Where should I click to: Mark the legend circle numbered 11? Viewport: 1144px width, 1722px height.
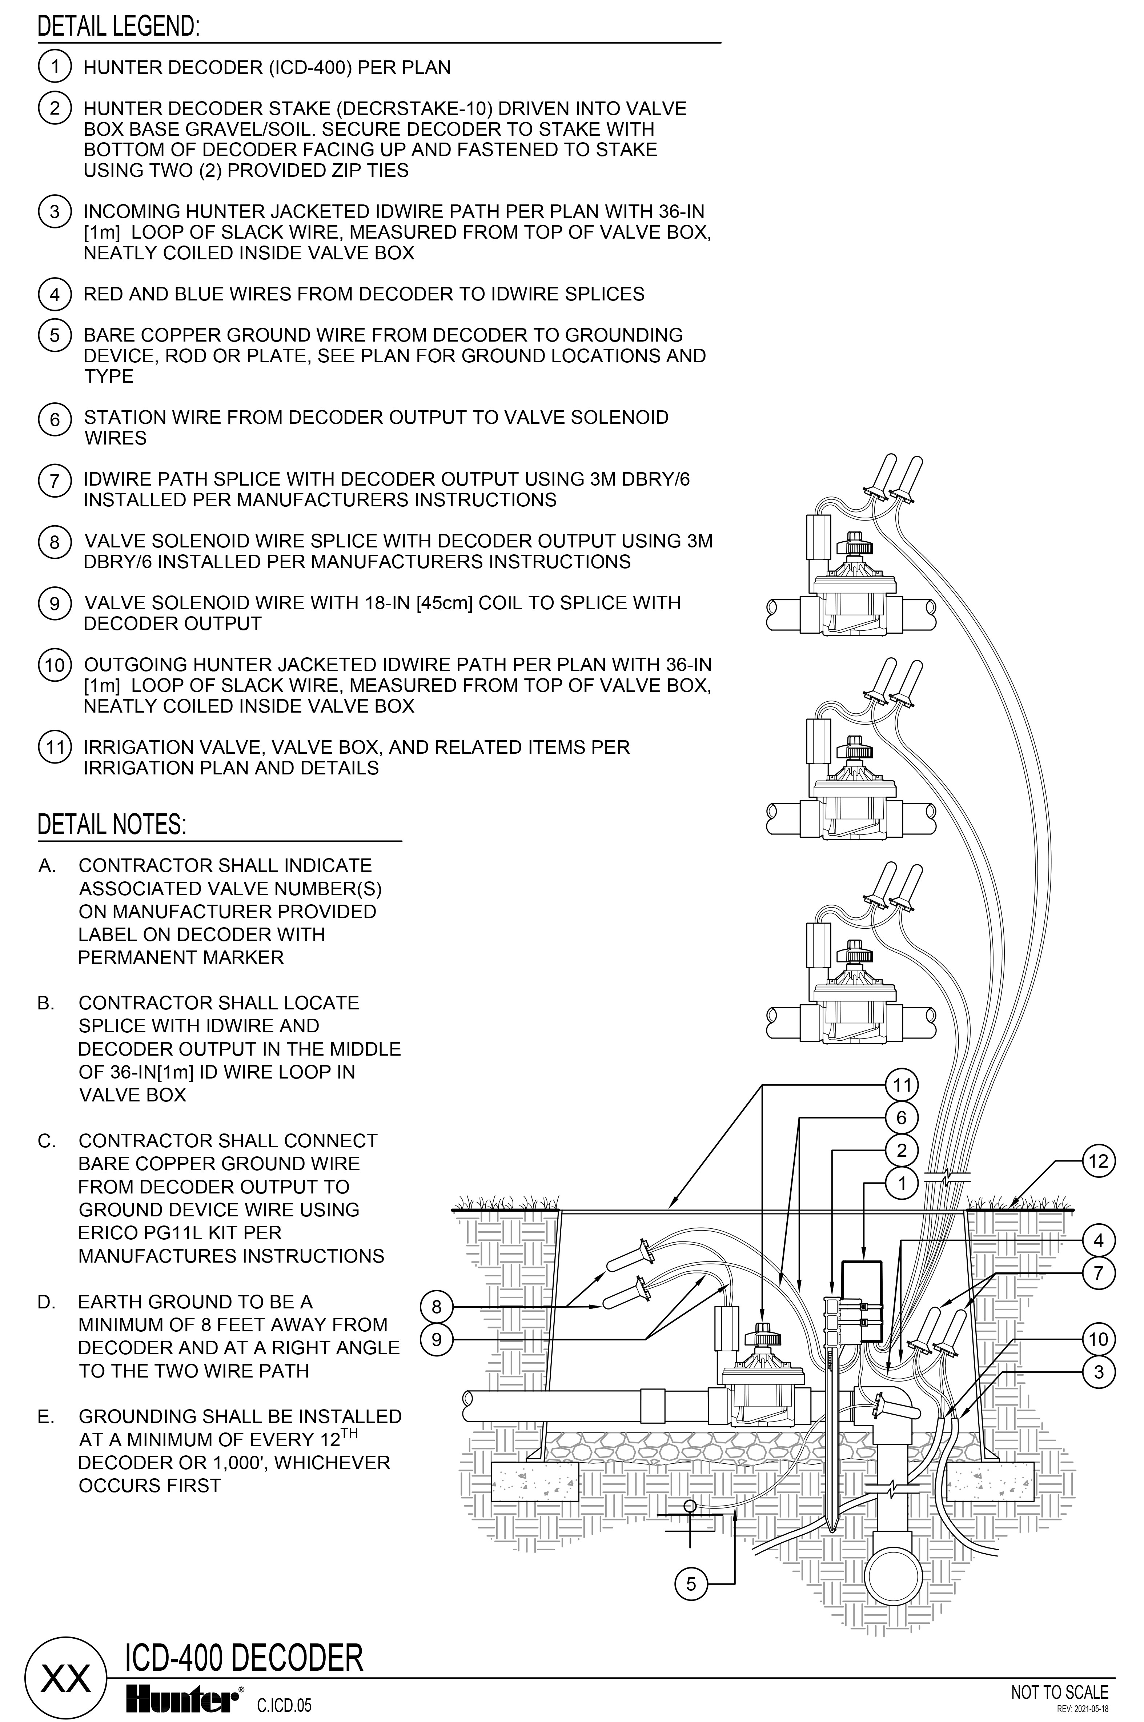(55, 748)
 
